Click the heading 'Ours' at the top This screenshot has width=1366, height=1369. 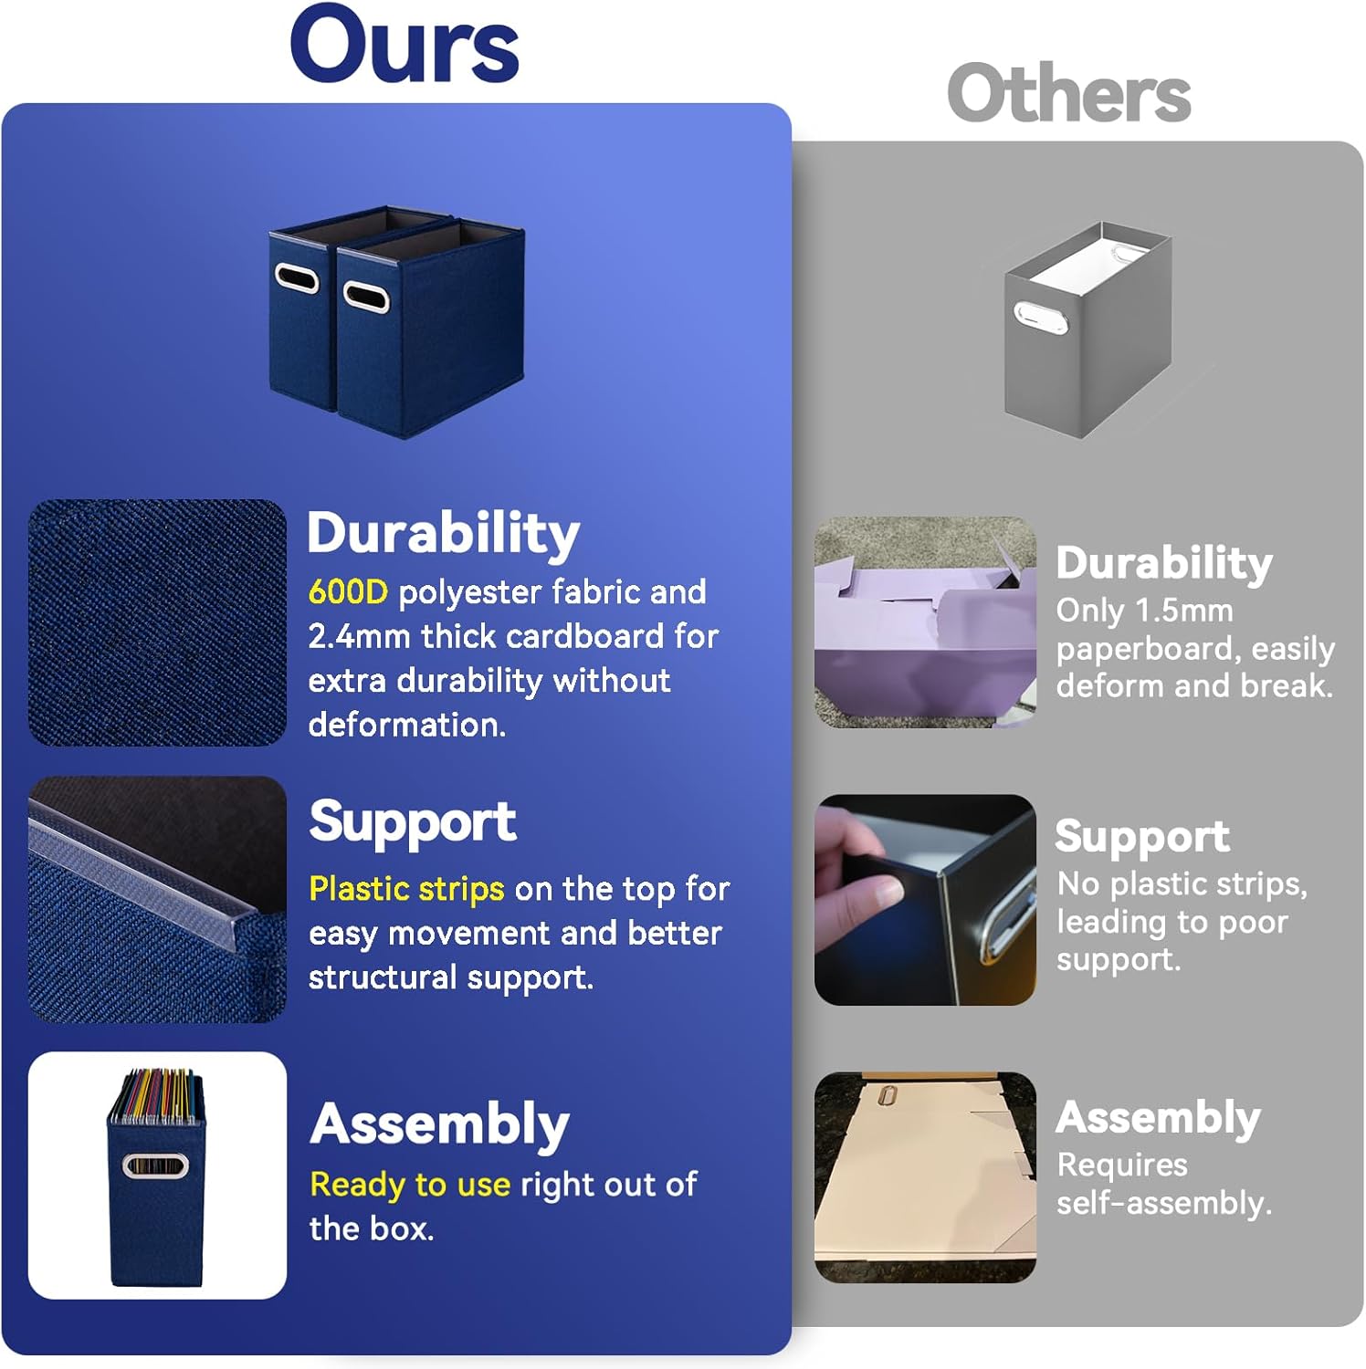(405, 46)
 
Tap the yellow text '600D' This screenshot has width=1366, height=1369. (348, 592)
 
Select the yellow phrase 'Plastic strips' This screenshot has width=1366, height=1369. (406, 888)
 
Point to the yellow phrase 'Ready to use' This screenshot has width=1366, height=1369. (410, 1185)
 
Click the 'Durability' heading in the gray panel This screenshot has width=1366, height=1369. (1164, 563)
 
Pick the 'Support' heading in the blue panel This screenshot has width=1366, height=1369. (413, 821)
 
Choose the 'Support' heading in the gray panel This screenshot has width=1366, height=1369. (1142, 837)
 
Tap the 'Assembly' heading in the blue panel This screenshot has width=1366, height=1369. (440, 1123)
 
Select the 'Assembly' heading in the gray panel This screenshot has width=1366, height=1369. (1159, 1118)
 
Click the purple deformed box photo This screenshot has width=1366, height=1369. (925, 622)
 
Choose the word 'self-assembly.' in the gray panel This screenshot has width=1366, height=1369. (1164, 1204)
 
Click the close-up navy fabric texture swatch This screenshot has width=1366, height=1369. (157, 622)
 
